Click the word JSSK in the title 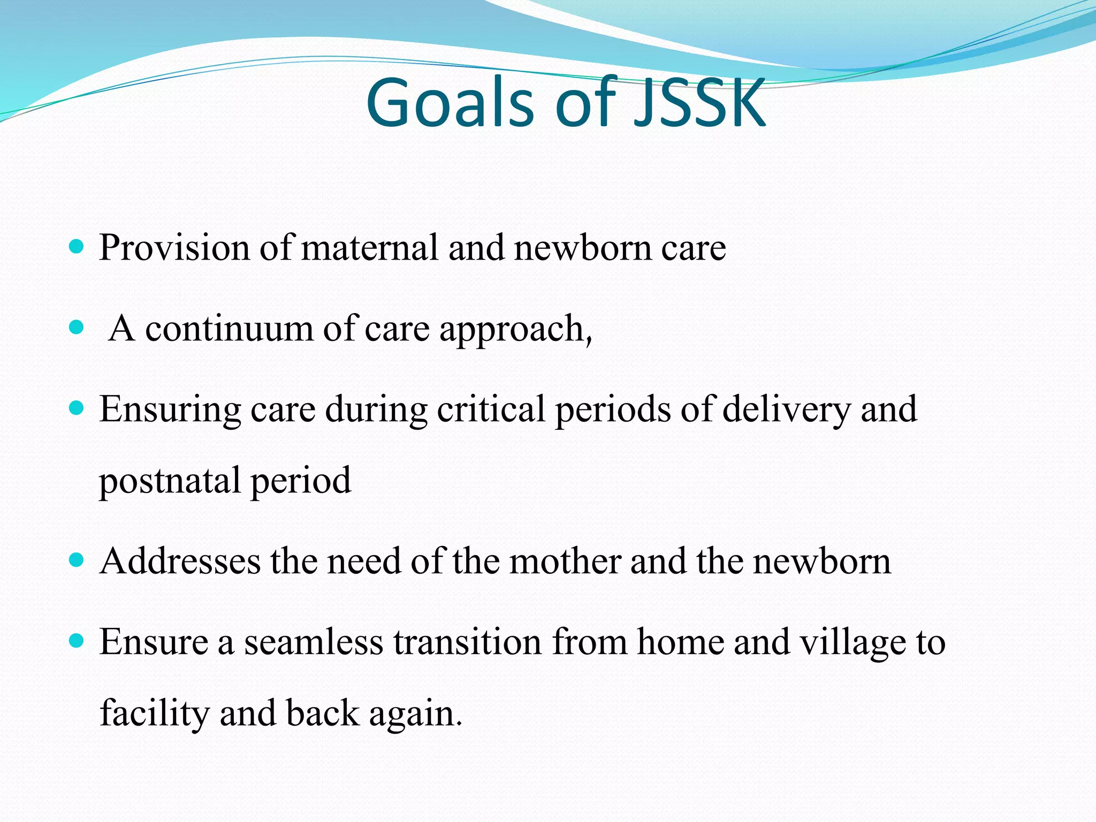pos(700,103)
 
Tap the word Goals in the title pos(450,103)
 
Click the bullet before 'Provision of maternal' pos(77,247)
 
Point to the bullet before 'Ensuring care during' pos(77,409)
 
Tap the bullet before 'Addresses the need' pos(77,561)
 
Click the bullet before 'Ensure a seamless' pos(77,641)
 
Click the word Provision pos(174,248)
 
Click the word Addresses pos(180,562)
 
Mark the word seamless pos(314,642)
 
